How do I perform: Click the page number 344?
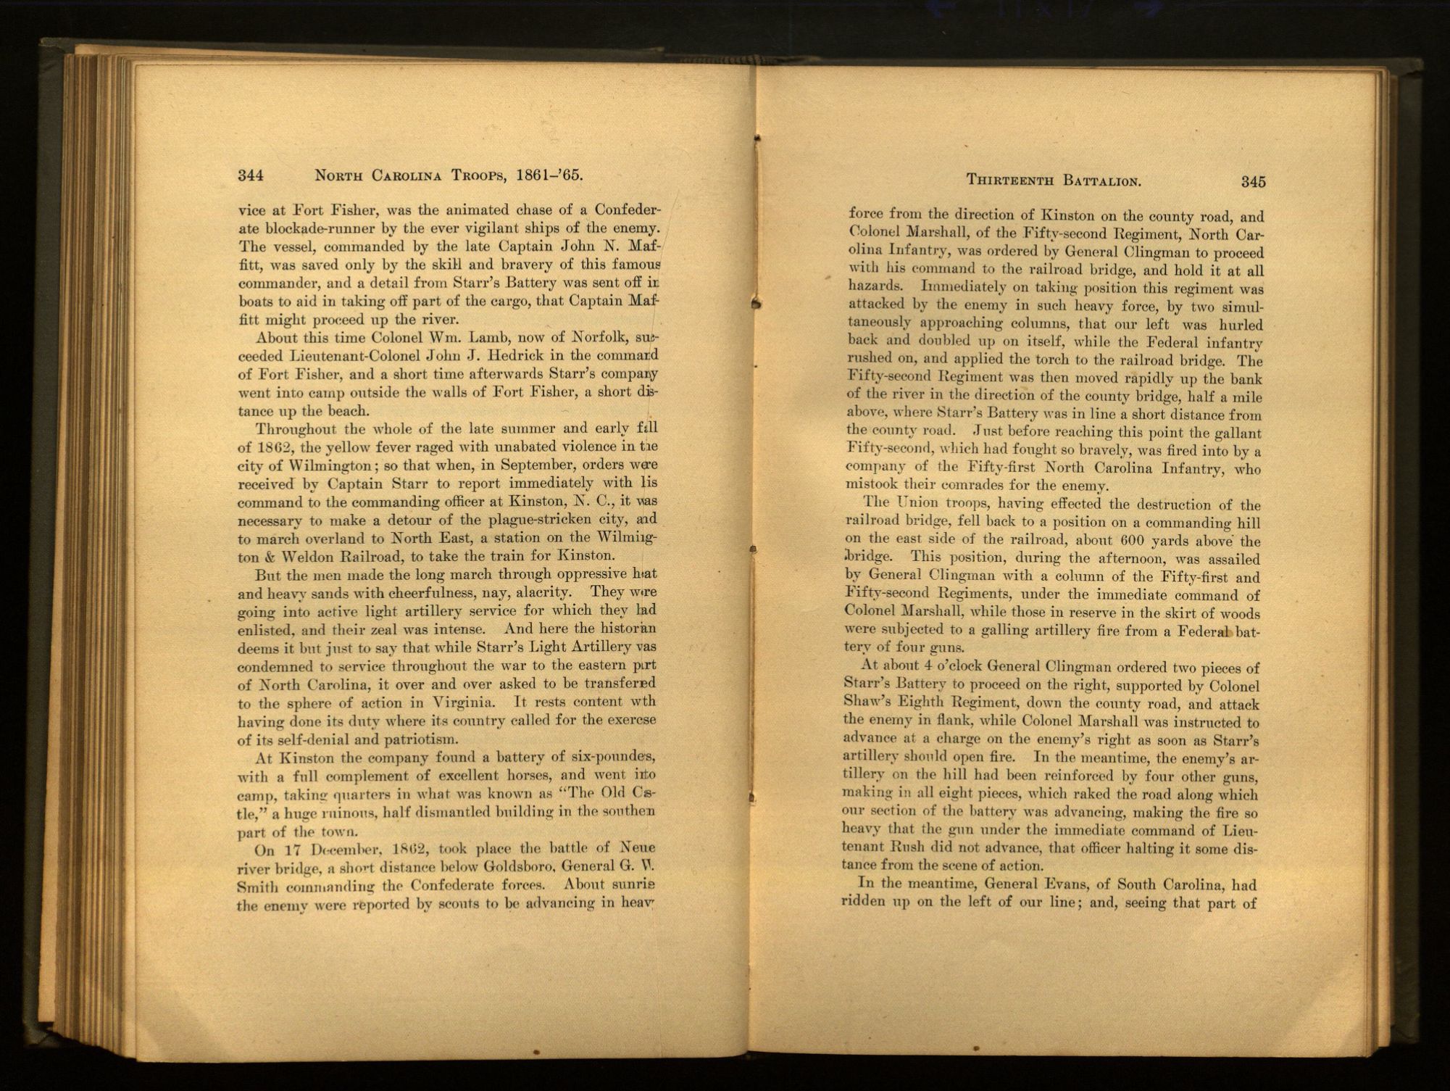(250, 175)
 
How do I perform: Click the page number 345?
(1253, 182)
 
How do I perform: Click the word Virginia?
(463, 702)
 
